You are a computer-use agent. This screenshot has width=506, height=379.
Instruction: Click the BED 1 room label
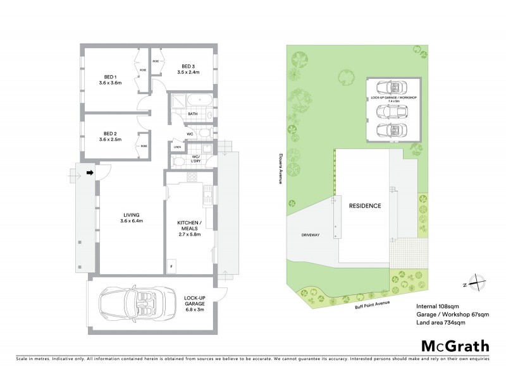[110, 78]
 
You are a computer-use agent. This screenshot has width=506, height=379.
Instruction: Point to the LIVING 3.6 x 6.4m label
[132, 218]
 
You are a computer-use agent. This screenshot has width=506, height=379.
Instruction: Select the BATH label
[193, 114]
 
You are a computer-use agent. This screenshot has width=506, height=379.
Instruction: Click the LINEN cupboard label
[178, 147]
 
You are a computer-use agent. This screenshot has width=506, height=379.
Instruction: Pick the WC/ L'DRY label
[196, 159]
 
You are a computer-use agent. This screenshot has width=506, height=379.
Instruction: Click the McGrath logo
[454, 346]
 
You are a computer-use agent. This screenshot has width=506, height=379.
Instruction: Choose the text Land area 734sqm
[443, 323]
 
